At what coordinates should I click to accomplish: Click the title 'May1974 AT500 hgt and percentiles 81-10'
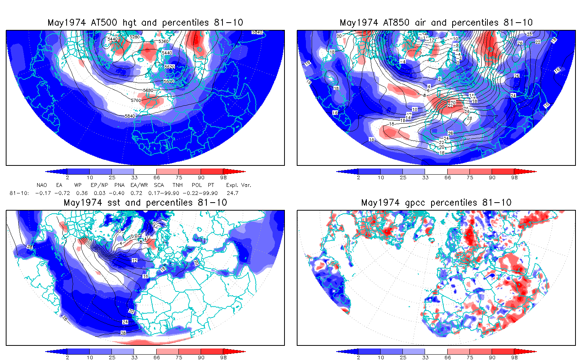point(145,23)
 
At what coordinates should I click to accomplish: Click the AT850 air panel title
point(436,23)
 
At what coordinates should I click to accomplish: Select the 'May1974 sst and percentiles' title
point(145,203)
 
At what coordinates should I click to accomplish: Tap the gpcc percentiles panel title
point(436,203)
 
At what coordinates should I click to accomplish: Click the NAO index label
point(42,185)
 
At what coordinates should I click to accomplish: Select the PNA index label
point(119,185)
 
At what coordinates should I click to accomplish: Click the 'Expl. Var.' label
point(239,185)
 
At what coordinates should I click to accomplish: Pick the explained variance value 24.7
point(232,193)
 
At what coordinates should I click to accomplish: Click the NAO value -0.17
point(43,193)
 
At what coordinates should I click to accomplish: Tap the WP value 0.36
point(82,193)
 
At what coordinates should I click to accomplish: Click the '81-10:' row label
point(19,193)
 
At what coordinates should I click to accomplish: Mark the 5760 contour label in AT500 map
point(136,100)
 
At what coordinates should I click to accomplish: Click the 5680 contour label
point(148,90)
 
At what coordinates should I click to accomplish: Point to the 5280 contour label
point(135,37)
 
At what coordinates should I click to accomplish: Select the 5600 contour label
point(168,81)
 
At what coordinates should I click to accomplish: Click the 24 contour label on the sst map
point(125,322)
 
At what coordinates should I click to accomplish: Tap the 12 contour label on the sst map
point(134,260)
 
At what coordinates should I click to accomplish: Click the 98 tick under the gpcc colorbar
point(514,357)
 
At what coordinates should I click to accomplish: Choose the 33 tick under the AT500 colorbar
point(134,177)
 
